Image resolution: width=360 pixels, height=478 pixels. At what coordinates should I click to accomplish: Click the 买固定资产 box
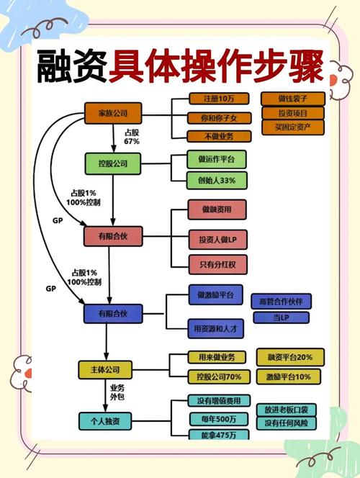tap(292, 128)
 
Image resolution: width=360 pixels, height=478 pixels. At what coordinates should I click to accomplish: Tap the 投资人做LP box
tap(217, 238)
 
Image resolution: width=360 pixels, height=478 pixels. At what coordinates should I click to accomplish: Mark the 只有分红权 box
tap(217, 265)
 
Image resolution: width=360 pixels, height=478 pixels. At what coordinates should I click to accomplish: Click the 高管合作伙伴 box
tap(280, 299)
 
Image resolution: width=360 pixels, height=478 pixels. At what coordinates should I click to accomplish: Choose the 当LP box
tap(280, 317)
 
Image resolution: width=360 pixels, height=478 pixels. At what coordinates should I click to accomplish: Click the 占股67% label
tap(132, 137)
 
